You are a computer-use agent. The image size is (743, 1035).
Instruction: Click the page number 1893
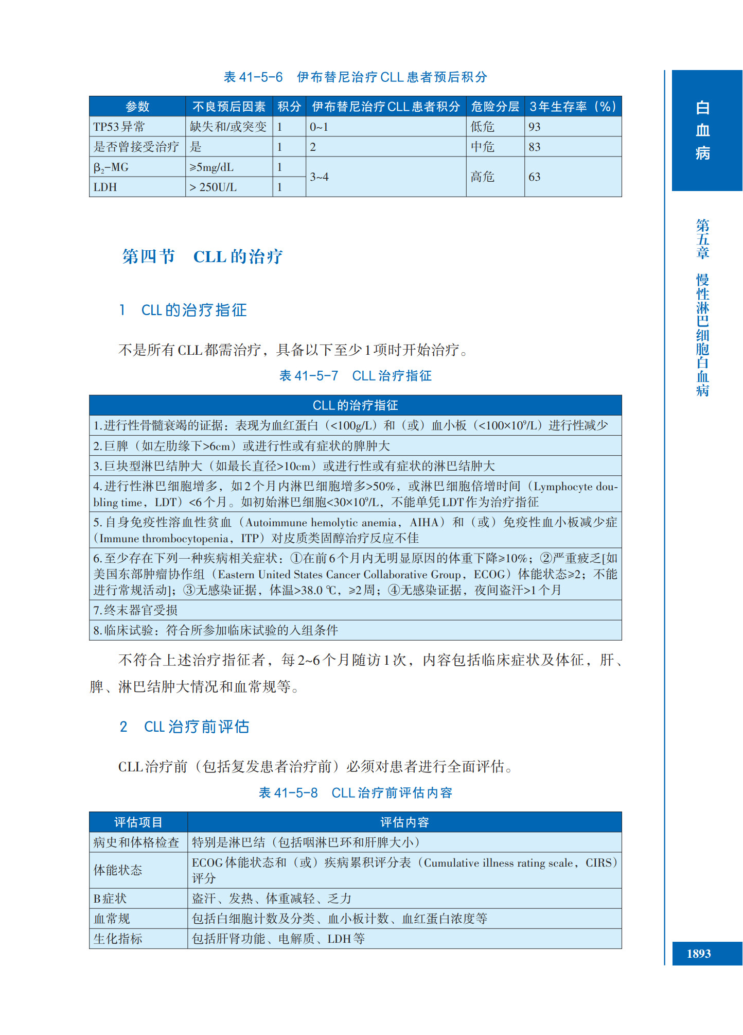pyautogui.click(x=698, y=954)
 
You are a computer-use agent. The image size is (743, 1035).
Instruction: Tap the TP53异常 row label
pyautogui.click(x=119, y=127)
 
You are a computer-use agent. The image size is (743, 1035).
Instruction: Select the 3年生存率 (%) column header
pyautogui.click(x=573, y=107)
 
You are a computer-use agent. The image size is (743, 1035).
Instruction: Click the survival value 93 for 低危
pyautogui.click(x=535, y=127)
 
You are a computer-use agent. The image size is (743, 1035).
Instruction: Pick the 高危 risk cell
pyautogui.click(x=483, y=177)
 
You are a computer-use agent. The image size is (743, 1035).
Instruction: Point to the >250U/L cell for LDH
pyautogui.click(x=213, y=187)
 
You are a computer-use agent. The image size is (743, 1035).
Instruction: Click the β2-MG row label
pyautogui.click(x=111, y=167)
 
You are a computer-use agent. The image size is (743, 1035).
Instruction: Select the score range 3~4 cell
pyautogui.click(x=319, y=177)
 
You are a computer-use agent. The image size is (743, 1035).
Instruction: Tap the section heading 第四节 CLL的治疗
pyautogui.click(x=202, y=256)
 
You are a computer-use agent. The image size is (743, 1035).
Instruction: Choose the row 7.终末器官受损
pyautogui.click(x=136, y=610)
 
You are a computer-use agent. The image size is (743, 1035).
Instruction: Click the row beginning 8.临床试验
pyautogui.click(x=216, y=630)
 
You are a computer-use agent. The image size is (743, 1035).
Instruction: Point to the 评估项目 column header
pyautogui.click(x=138, y=822)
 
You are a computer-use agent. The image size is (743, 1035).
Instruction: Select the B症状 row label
pyautogui.click(x=110, y=899)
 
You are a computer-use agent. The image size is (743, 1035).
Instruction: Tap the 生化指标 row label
pyautogui.click(x=118, y=939)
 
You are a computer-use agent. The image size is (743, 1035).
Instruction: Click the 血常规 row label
pyautogui.click(x=112, y=919)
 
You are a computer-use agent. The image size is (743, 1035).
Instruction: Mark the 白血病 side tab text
pyautogui.click(x=702, y=130)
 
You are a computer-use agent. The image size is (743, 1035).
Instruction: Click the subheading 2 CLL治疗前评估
pyautogui.click(x=185, y=727)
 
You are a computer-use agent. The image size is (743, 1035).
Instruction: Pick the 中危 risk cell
pyautogui.click(x=483, y=147)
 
